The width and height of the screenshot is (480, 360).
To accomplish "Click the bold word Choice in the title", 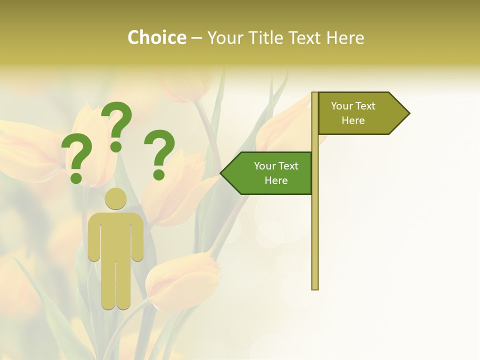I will click(156, 37).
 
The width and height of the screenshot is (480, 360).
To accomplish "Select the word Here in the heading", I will click(345, 37).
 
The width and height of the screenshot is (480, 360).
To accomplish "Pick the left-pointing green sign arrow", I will click(270, 173).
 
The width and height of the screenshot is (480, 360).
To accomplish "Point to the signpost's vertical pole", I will click(314, 225).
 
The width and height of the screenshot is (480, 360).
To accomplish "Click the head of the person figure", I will click(116, 198).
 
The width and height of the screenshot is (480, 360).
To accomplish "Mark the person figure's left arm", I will click(94, 240).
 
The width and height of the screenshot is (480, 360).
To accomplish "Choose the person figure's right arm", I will click(137, 240).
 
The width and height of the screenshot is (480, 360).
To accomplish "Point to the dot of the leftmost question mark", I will click(76, 177).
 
